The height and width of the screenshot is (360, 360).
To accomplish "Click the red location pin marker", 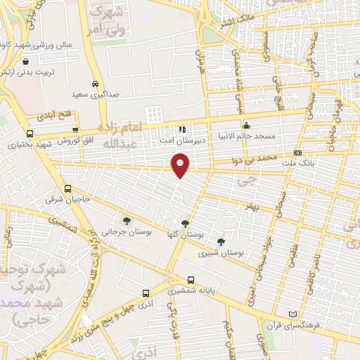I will (x=181, y=165).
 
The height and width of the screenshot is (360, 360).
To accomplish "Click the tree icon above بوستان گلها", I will (x=185, y=224).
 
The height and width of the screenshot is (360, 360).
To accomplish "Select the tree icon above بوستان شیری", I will (x=221, y=242).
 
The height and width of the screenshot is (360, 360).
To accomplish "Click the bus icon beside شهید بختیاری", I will (x=29, y=134).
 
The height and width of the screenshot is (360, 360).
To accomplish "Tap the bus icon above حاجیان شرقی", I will (x=67, y=188).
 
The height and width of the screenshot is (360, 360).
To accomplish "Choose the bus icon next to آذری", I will (x=145, y=293).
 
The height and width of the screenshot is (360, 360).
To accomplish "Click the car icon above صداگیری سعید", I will (x=95, y=82).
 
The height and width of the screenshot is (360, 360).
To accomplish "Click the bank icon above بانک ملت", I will (x=298, y=153).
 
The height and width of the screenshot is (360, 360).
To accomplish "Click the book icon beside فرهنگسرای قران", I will (x=292, y=314).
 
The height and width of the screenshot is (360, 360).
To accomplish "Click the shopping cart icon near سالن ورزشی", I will (x=26, y=61).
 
